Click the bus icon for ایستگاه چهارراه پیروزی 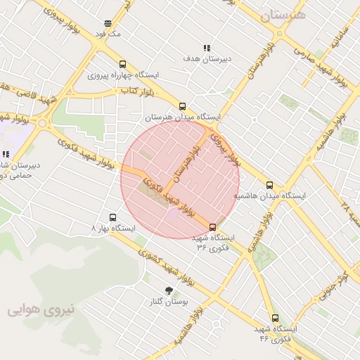pos(123,64)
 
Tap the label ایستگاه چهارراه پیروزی pos(123,75)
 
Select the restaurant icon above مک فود pos(107,23)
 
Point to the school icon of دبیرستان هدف pos(206,48)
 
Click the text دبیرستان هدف pos(206,59)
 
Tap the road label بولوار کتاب pos(138,91)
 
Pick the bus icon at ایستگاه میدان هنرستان pos(183,106)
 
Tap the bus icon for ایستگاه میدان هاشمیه pos(269,185)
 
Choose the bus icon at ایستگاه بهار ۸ pos(112,217)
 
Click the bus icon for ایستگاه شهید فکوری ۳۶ pos(213,226)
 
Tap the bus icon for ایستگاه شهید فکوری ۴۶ pos(274,318)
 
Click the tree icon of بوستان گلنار pos(169,290)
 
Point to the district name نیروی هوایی pos(41,309)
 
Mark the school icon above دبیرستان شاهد pos(6,154)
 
